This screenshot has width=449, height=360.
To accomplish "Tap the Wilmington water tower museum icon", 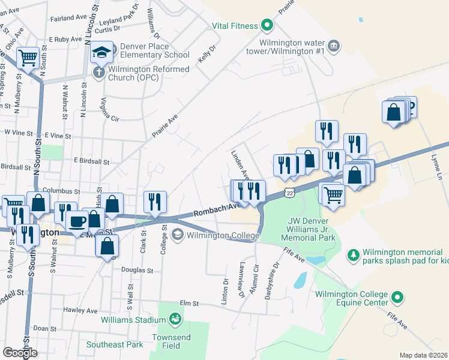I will pyautogui.click(x=334, y=46).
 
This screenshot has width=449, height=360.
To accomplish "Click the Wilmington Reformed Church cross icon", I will pyautogui.click(x=98, y=73).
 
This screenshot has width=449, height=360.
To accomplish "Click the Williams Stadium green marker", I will pyautogui.click(x=175, y=318).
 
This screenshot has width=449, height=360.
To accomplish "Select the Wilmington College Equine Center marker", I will pyautogui.click(x=396, y=297).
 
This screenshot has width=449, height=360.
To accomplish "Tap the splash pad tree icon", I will pyautogui.click(x=354, y=256).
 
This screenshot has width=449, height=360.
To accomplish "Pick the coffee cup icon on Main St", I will pyautogui.click(x=76, y=221).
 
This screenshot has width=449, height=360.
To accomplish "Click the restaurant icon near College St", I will pyautogui.click(x=155, y=202).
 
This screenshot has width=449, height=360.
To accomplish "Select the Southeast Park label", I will pyautogui.click(x=115, y=344).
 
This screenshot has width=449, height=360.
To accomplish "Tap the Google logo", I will pyautogui.click(x=20, y=353).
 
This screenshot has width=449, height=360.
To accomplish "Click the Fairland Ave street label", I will pyautogui.click(x=65, y=19).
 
